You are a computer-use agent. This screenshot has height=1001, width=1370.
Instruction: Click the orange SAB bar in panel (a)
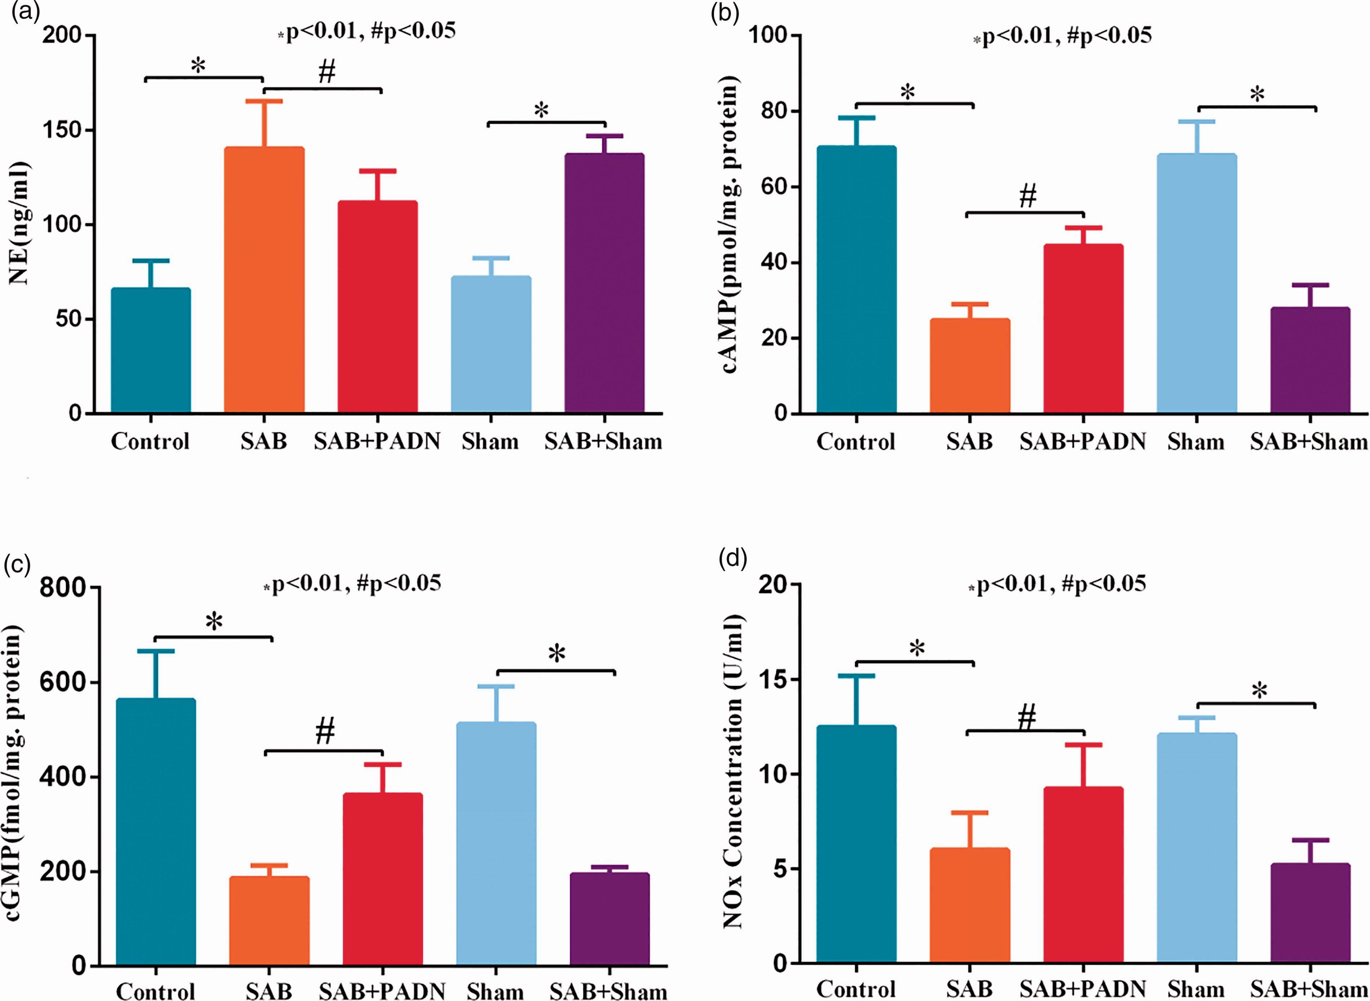264,280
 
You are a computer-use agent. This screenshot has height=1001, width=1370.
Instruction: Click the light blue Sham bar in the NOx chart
1196,848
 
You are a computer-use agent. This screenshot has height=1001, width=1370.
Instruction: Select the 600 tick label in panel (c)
62,682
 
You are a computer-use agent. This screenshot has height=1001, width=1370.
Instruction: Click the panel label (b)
725,13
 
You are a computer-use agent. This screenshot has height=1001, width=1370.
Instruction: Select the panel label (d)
732,559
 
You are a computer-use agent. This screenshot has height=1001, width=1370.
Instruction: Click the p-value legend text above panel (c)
352,584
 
